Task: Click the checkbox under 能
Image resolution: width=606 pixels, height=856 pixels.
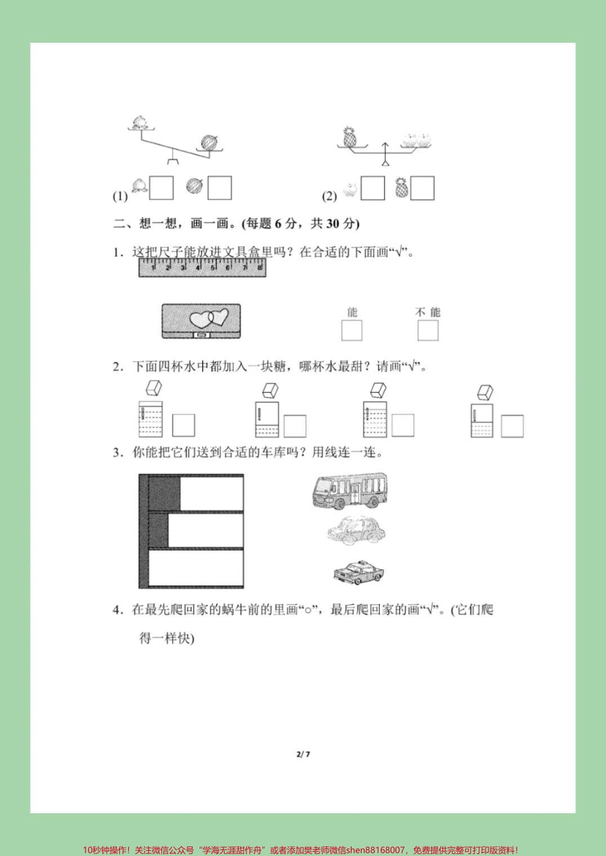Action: pyautogui.click(x=351, y=331)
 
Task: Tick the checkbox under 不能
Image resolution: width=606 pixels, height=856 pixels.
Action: pyautogui.click(x=428, y=331)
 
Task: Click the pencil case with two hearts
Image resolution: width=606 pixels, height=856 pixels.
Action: pyautogui.click(x=201, y=321)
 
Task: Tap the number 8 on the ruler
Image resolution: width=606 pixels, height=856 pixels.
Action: pyautogui.click(x=259, y=268)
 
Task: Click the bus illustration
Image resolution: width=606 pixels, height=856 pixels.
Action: pyautogui.click(x=350, y=490)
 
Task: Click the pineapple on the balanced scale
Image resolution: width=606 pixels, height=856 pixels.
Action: pyautogui.click(x=349, y=138)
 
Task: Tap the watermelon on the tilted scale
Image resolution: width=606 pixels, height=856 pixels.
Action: pyautogui.click(x=209, y=143)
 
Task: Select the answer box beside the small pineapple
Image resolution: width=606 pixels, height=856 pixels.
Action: pyautogui.click(x=422, y=189)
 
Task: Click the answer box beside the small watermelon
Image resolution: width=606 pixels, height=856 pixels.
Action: pyautogui.click(x=219, y=188)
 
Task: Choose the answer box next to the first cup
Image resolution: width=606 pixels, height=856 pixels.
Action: pyautogui.click(x=184, y=425)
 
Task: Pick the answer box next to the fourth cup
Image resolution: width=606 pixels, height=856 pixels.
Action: pyautogui.click(x=512, y=426)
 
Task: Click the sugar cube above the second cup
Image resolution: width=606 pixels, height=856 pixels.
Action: pyautogui.click(x=270, y=390)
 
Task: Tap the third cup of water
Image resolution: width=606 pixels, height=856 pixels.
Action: pyautogui.click(x=375, y=419)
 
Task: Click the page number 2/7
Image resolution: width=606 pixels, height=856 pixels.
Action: pyautogui.click(x=303, y=755)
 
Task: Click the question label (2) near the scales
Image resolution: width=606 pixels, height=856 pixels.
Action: pyautogui.click(x=329, y=196)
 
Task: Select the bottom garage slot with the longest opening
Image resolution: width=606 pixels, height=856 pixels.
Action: pyautogui.click(x=195, y=568)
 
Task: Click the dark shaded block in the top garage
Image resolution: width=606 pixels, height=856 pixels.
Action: pyautogui.click(x=164, y=493)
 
